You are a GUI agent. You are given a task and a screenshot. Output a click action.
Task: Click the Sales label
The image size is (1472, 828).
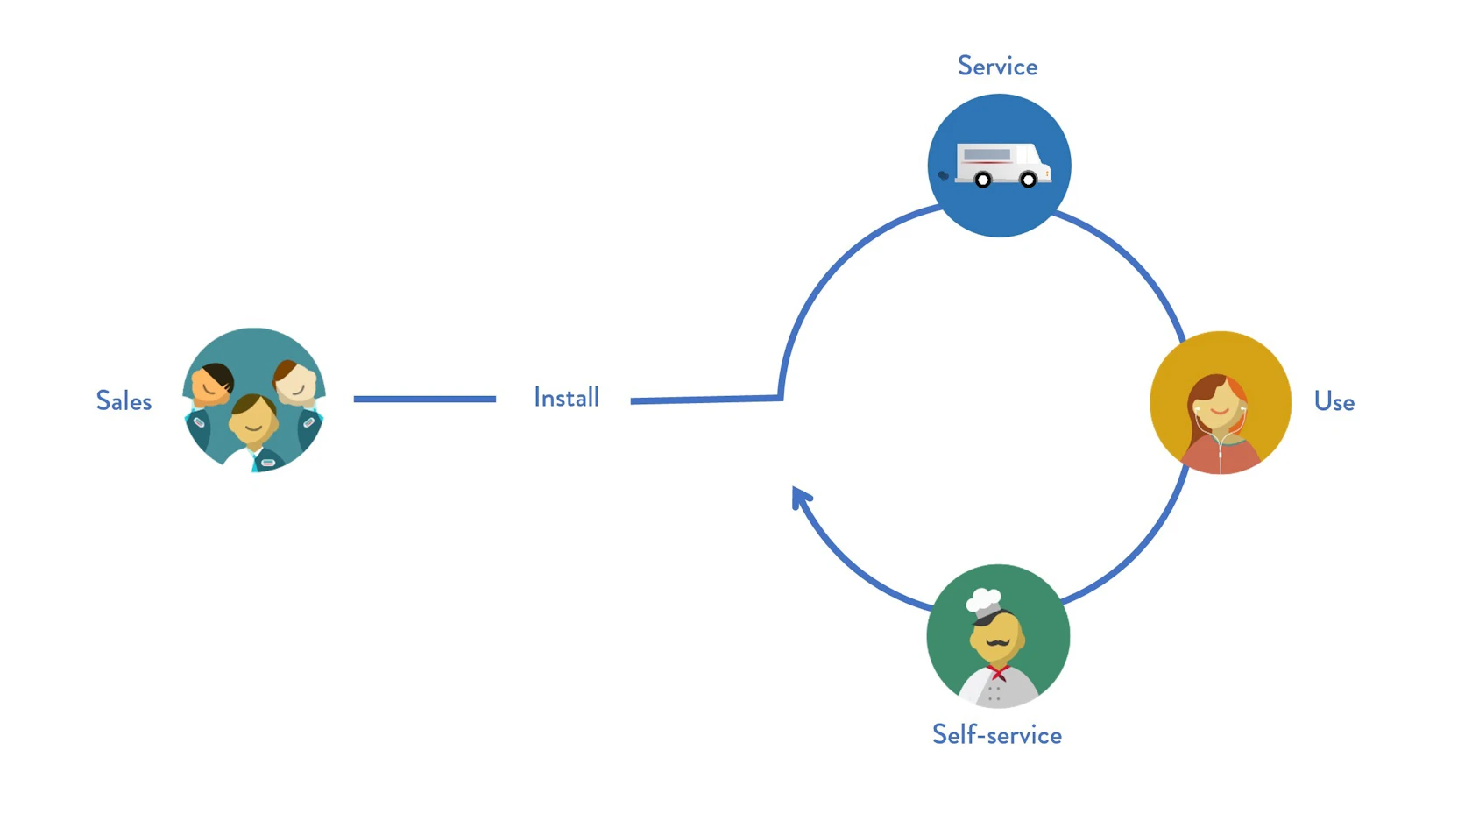tap(124, 401)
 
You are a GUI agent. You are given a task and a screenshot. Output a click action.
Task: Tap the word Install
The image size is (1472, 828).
tap(566, 398)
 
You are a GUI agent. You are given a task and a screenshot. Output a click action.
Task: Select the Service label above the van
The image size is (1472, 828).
tap(997, 67)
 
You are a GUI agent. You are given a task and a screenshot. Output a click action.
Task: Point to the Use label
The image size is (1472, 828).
tap(1334, 402)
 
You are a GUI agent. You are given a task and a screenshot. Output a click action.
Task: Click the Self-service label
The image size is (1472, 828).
tap(996, 734)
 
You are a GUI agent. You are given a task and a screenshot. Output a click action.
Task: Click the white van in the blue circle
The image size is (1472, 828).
tap(1001, 163)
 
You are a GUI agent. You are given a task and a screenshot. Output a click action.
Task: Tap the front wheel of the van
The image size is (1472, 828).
tap(1029, 180)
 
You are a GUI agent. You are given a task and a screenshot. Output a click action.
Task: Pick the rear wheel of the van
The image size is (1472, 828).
tap(983, 180)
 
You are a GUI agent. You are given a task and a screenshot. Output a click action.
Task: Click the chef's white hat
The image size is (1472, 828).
tap(983, 602)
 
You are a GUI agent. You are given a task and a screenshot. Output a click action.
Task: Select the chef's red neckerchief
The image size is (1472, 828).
tap(997, 672)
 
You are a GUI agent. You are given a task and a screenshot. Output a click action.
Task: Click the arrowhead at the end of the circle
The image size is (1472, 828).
tap(799, 498)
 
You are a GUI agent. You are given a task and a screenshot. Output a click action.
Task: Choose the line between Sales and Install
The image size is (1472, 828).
tap(424, 399)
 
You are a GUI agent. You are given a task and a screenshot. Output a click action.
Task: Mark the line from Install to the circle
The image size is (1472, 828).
tap(705, 400)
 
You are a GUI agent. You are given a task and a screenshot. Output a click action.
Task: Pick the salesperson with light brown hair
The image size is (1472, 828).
tap(295, 382)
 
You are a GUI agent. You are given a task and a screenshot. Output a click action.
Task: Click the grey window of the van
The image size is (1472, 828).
tap(987, 154)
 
